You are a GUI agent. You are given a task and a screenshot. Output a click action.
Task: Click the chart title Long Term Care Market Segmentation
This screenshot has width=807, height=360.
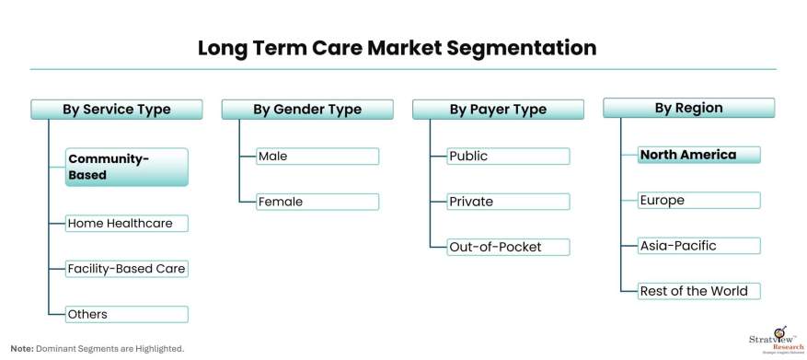[x=398, y=48]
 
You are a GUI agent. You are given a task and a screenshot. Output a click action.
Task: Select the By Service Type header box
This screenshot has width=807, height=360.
[x=117, y=110]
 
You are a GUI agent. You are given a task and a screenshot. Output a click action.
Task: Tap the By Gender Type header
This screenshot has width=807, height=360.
[x=307, y=110]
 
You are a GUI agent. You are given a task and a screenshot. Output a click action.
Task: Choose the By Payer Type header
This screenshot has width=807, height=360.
[x=498, y=110]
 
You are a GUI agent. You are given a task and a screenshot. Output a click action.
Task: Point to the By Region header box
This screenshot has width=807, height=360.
[x=688, y=108]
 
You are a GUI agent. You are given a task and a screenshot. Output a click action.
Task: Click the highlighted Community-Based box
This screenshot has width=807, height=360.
[x=127, y=167]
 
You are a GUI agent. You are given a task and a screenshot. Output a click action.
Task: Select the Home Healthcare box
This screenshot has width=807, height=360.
[x=127, y=224]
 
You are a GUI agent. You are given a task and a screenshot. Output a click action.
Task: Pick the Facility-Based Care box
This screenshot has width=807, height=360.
[x=127, y=269]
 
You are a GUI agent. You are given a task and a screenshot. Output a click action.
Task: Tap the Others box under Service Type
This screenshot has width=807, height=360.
[x=127, y=314]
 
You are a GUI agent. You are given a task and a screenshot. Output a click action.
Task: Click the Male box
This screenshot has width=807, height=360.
[x=317, y=156]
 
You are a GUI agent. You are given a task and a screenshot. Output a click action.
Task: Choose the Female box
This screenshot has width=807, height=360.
[x=317, y=202]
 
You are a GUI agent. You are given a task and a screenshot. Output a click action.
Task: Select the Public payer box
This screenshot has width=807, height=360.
[x=509, y=156]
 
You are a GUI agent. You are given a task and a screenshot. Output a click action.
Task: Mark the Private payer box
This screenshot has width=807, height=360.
[x=509, y=202]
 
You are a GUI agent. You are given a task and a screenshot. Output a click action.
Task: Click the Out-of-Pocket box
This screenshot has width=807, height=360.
[x=509, y=247]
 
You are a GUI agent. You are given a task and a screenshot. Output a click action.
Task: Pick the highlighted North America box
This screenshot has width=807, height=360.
[x=699, y=155]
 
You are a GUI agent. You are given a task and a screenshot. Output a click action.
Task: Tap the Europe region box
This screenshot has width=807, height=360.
[x=699, y=201]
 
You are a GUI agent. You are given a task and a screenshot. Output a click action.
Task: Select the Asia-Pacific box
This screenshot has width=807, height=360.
[x=699, y=246]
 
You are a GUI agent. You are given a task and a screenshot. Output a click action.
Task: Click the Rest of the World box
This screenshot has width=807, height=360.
[x=699, y=291]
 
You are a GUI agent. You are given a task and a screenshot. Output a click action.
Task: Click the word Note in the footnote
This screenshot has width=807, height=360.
[x=20, y=349]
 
